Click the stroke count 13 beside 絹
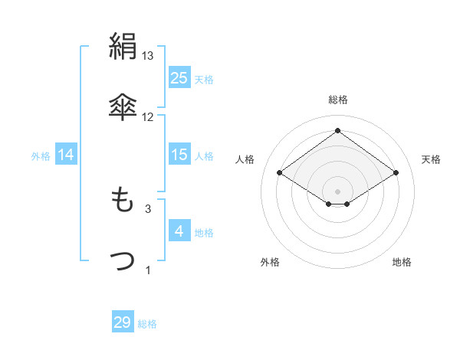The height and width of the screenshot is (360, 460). tap(148, 56)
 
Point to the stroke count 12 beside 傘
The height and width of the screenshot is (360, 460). tap(148, 116)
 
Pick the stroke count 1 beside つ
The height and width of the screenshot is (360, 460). tap(148, 270)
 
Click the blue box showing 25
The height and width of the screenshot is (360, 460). tap(179, 78)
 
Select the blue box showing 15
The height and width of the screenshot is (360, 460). tap(179, 155)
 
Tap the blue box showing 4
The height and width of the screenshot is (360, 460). tap(179, 231)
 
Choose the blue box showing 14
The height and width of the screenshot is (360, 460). tap(66, 155)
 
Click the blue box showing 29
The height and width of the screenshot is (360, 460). tap(123, 322)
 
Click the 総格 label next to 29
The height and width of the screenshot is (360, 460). tap(147, 324)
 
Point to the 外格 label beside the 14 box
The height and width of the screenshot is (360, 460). tap(41, 156)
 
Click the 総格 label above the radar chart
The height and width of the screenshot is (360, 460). tap(337, 100)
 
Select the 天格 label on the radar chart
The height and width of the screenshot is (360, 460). tap(431, 159)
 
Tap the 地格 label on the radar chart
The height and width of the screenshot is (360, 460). tap(402, 262)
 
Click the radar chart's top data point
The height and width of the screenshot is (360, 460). tap(337, 130)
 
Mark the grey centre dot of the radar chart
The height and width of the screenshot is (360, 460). tap(337, 190)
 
